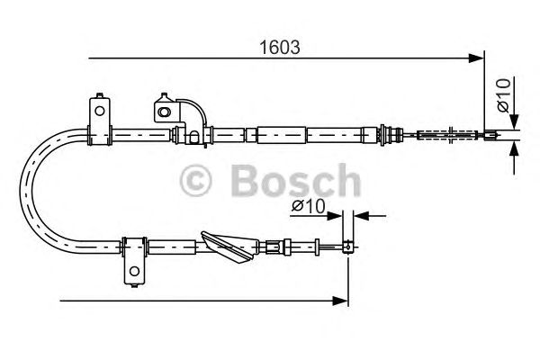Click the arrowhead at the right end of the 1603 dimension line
pyautogui.click(x=477, y=59)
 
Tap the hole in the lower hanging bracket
pyautogui.click(x=133, y=270)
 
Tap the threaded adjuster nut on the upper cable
pyautogui.click(x=391, y=136)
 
